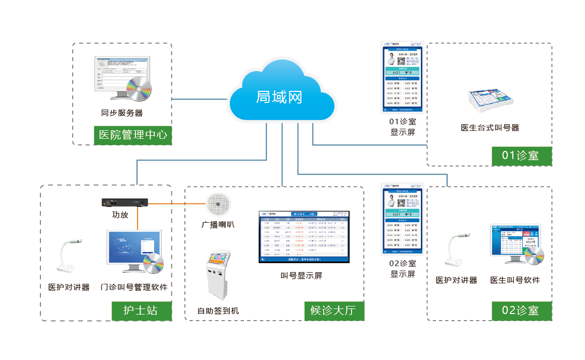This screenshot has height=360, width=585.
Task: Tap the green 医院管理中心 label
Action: (133, 135)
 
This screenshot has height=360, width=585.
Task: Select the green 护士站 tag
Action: (141, 310)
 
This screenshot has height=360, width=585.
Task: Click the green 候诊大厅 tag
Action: (333, 310)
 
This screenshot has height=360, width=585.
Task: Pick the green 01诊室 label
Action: (521, 155)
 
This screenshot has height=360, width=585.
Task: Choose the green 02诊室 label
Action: (521, 310)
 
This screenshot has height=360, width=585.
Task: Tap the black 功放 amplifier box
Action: (124, 203)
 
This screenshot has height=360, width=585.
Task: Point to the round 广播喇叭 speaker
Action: (218, 204)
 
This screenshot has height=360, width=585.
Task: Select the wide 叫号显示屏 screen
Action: (303, 236)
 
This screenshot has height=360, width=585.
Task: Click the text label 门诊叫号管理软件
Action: (134, 287)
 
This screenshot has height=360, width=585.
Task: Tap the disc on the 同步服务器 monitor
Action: (139, 88)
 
